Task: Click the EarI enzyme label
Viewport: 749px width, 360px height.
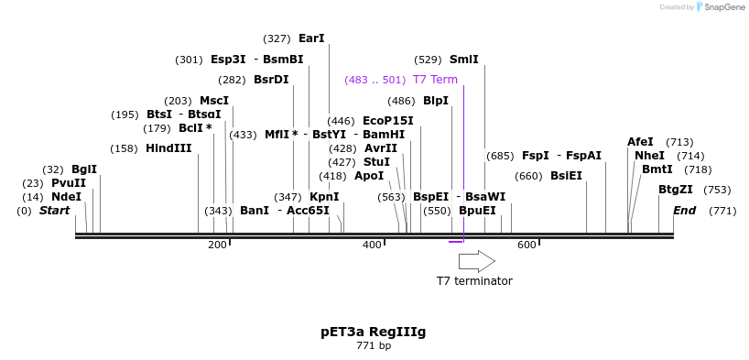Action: click(311, 38)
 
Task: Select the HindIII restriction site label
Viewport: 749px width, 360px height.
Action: click(168, 148)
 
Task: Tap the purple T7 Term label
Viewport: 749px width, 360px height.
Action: click(435, 80)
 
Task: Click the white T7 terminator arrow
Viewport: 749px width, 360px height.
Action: click(476, 261)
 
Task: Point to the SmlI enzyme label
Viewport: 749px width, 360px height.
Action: click(463, 60)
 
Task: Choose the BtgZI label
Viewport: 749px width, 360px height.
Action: click(677, 190)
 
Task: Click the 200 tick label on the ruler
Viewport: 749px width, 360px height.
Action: click(217, 245)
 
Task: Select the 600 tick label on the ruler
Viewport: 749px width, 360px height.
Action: click(526, 245)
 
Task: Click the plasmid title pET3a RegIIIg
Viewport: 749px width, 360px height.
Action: click(374, 331)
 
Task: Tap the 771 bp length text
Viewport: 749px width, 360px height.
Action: click(374, 345)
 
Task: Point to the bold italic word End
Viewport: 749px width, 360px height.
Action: click(684, 211)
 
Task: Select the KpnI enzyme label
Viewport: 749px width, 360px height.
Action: click(324, 197)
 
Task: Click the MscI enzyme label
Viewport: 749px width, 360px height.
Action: click(214, 101)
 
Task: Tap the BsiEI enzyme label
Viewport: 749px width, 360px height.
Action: click(566, 176)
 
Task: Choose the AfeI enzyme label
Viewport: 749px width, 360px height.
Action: click(640, 142)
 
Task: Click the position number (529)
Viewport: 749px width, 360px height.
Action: click(429, 60)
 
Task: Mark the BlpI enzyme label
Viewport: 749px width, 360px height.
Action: click(436, 101)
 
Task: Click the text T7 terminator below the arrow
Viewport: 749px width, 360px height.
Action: click(474, 281)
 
